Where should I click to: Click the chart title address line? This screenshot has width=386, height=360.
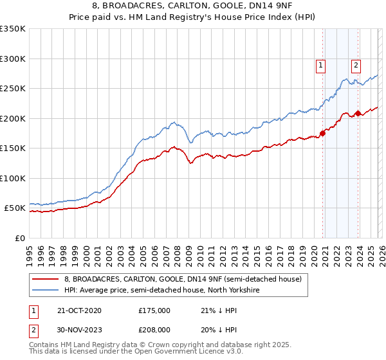pyautogui.click(x=193, y=6)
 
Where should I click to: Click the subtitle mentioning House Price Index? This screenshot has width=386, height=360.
pyautogui.click(x=193, y=17)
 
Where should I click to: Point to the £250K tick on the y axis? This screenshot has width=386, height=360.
pyautogui.click(x=13, y=89)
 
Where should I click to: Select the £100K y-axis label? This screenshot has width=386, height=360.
pyautogui.click(x=13, y=179)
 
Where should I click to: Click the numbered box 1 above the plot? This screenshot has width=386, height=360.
pyautogui.click(x=320, y=64)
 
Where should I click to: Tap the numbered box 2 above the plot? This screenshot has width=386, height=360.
pyautogui.click(x=356, y=64)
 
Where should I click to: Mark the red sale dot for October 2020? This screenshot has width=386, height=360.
pyautogui.click(x=322, y=134)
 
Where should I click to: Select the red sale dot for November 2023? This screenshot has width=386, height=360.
pyautogui.click(x=358, y=114)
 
